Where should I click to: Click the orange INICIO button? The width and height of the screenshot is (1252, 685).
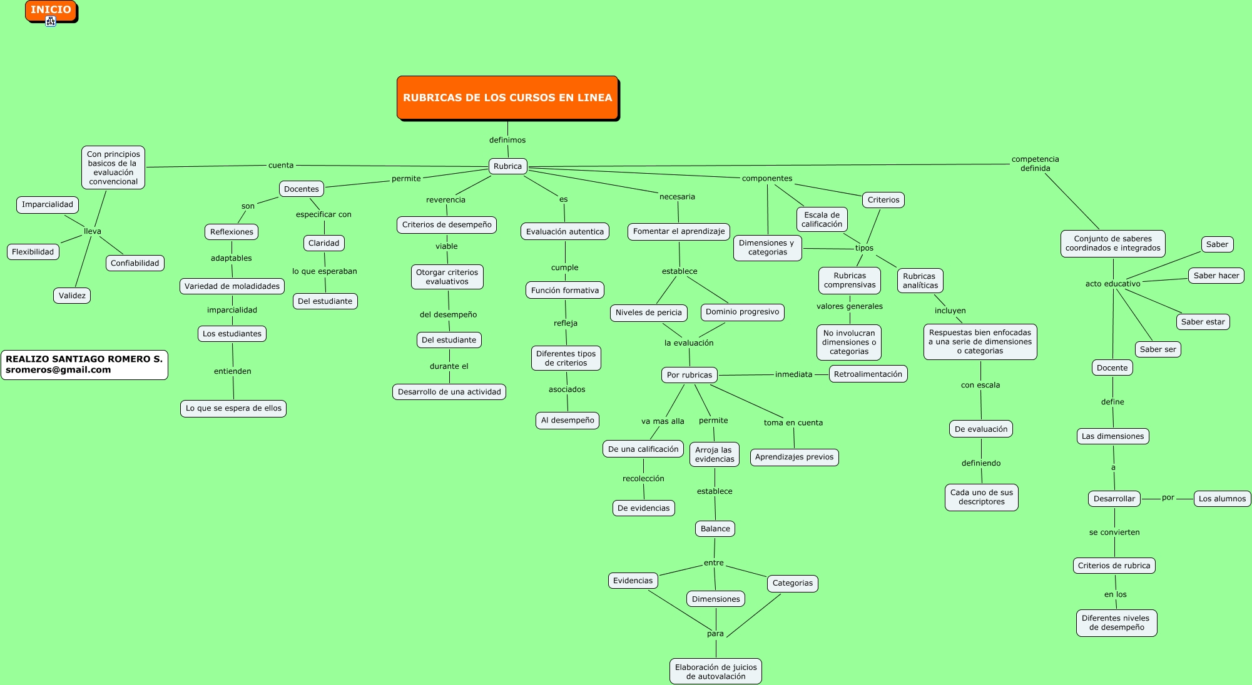(x=51, y=10)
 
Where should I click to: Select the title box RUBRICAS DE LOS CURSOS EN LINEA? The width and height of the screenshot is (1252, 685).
(x=507, y=97)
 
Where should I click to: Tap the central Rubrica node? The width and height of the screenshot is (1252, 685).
(x=507, y=166)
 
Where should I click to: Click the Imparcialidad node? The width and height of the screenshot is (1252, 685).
(x=48, y=204)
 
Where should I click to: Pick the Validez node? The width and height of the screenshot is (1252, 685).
(x=72, y=296)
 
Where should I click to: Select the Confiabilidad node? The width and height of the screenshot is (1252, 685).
(x=135, y=263)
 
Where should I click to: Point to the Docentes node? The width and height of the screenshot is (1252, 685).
(x=302, y=189)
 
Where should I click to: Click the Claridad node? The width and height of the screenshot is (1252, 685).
(x=324, y=243)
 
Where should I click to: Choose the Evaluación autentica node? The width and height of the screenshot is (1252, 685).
(x=565, y=231)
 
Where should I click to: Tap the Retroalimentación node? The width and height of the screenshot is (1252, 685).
(x=868, y=374)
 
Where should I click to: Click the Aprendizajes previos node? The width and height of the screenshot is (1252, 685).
(x=794, y=457)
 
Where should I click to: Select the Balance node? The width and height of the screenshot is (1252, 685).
(x=715, y=529)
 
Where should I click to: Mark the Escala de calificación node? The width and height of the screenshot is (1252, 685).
(x=822, y=219)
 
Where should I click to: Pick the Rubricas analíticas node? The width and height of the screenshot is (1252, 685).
(x=920, y=281)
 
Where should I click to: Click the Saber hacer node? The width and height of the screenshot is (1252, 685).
(x=1216, y=276)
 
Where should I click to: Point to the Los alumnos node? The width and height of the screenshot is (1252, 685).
(x=1222, y=498)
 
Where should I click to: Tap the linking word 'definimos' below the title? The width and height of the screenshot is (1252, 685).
(x=507, y=140)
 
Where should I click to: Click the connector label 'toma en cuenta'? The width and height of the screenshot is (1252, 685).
(x=793, y=422)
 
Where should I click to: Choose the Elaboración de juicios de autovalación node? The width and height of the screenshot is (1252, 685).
(x=716, y=671)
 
